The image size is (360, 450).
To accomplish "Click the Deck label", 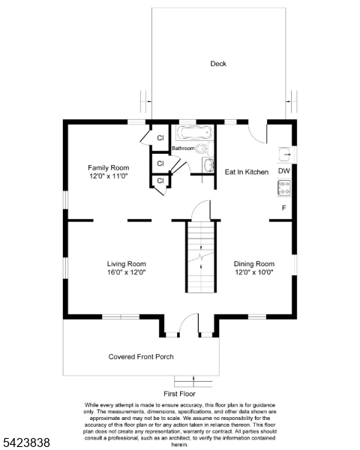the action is tap(218, 64).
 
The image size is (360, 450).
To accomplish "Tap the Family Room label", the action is tap(109, 167).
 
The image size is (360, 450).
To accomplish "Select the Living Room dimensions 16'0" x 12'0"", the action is tap(127, 272).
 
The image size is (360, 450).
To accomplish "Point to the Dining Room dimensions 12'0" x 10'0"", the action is tap(254, 272).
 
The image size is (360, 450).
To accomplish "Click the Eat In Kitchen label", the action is tap(247, 172).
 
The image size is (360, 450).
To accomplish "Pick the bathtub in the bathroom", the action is tap(194, 133).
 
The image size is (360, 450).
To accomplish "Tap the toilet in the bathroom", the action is tap(204, 148).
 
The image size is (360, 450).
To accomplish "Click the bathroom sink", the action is tap(208, 166).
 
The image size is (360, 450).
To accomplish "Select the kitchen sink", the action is tap(285, 154).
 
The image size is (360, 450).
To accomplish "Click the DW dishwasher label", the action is tap(284, 171).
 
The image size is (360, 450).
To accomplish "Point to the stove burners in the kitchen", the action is tap(284, 188).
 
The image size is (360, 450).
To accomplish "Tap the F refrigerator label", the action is tap(284, 208).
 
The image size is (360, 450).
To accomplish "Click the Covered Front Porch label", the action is tap(141, 357).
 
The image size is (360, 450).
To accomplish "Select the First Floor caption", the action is tap(179, 394).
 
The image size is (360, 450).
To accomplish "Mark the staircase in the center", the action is tap(201, 256).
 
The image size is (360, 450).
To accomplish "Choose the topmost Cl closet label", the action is tap(160, 138).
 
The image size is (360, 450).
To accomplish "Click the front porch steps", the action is tap(193, 382).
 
